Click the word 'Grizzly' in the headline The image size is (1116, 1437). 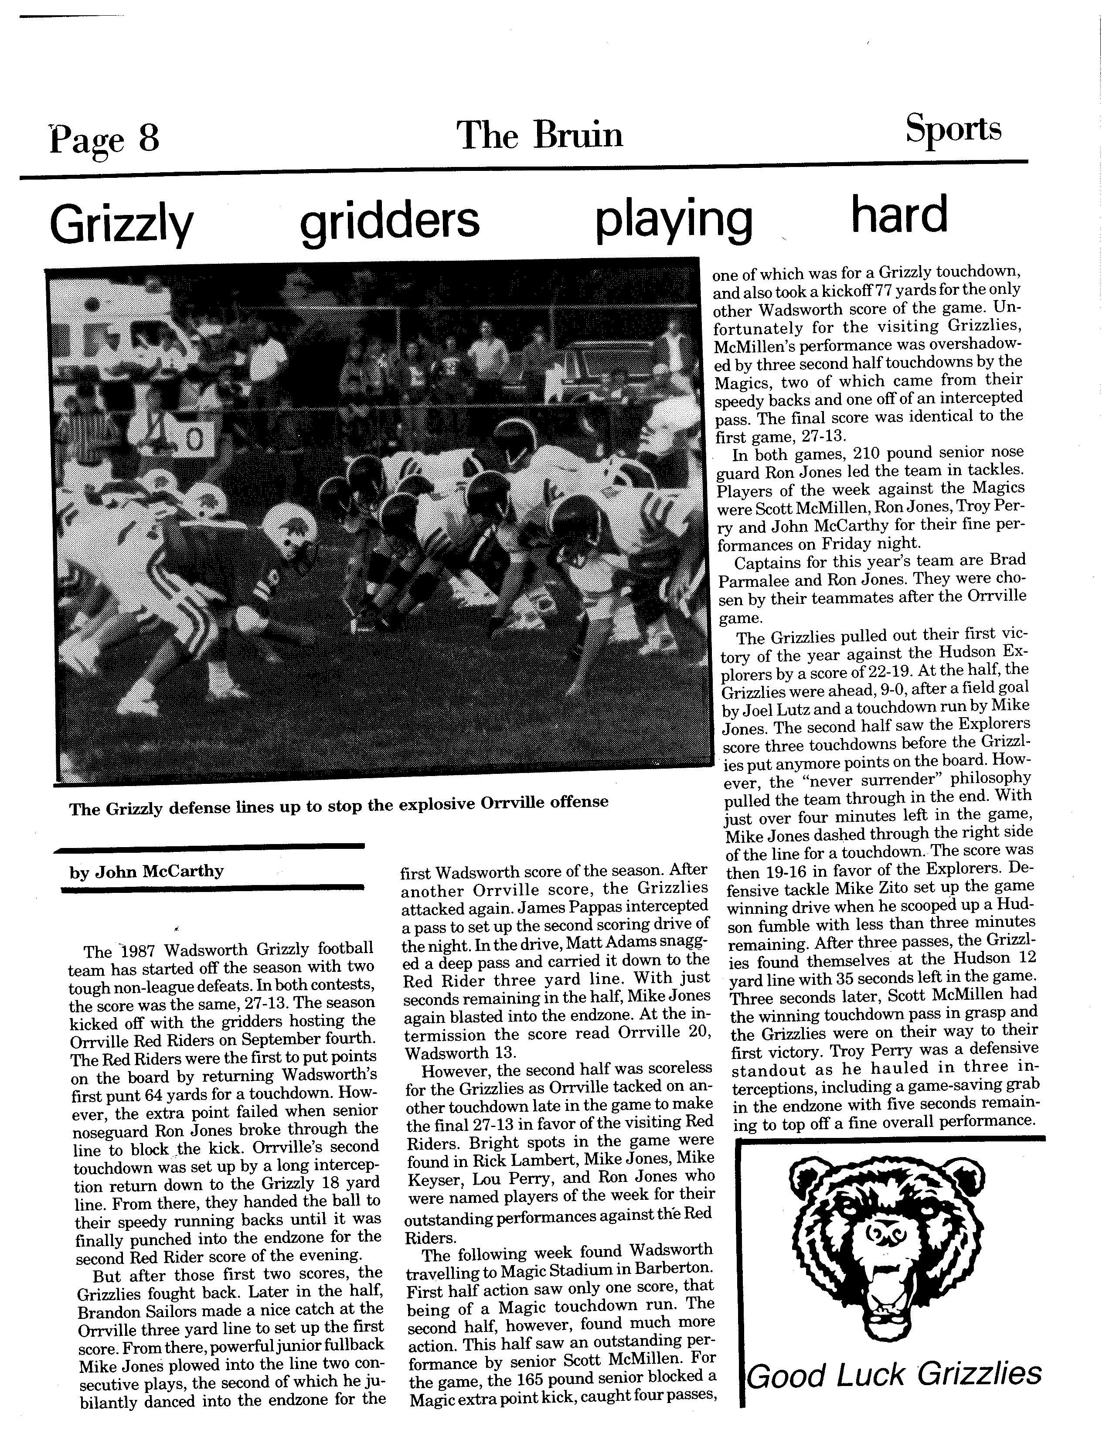pos(121,224)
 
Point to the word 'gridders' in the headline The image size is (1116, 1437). pos(390,221)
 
